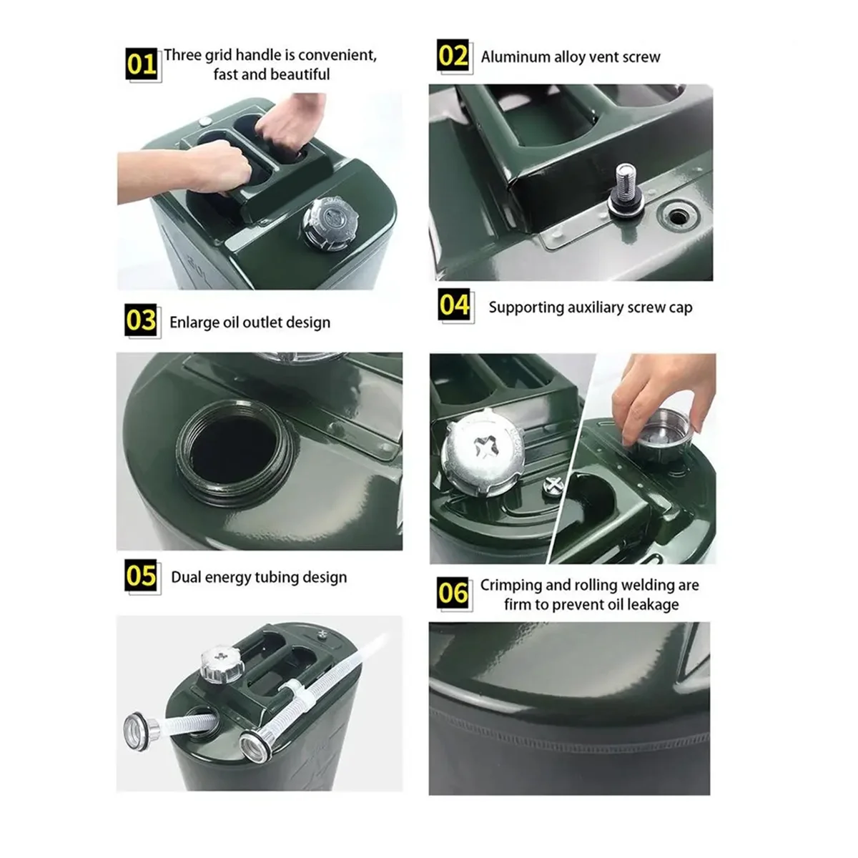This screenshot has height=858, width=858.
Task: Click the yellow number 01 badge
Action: click(x=142, y=64)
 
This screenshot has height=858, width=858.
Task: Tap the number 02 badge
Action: click(x=453, y=55)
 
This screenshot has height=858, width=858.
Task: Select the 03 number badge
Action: click(x=141, y=320)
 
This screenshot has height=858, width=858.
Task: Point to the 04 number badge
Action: click(x=454, y=305)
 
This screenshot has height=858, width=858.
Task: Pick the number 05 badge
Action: click(x=141, y=576)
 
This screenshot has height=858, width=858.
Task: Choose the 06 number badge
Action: click(x=453, y=593)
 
